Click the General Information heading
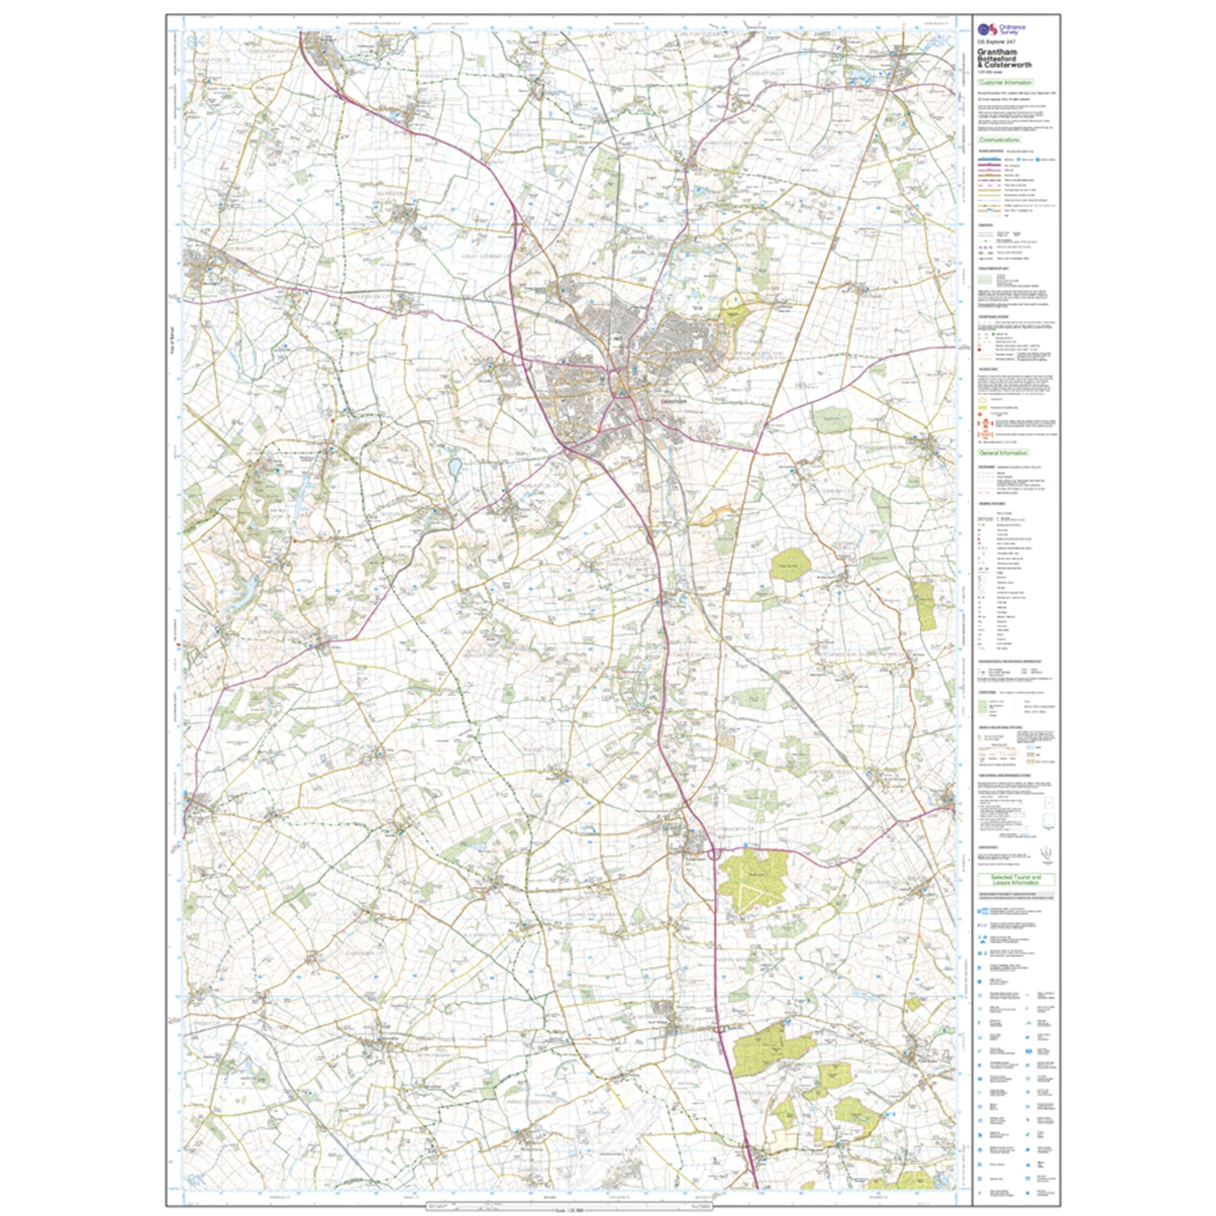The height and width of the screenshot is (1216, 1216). [1003, 452]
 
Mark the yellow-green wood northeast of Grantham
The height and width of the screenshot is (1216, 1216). [732, 313]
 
